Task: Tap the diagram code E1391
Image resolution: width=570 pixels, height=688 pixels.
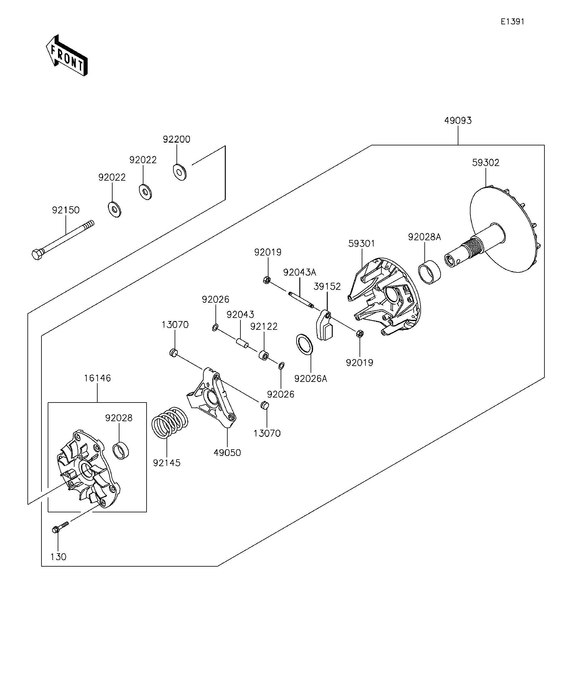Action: coord(512,22)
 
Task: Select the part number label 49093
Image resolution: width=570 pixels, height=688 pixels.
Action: coord(458,120)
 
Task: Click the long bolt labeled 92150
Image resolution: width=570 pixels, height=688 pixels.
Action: coord(63,240)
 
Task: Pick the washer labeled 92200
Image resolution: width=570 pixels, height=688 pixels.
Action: coord(179,172)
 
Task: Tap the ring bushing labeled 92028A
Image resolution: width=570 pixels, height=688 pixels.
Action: coord(430,272)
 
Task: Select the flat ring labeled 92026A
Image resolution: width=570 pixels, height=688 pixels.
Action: coord(304,344)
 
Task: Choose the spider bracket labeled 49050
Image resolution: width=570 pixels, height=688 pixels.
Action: coord(212,398)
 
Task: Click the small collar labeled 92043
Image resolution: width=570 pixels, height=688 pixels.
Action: coord(242,343)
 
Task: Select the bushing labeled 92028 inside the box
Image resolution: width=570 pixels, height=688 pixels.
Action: coord(121,451)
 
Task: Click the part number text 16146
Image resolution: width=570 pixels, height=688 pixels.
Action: coord(97,378)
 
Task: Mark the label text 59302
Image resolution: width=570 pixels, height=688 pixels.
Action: coord(485,163)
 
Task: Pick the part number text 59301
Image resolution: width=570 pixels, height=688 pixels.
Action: coord(361,243)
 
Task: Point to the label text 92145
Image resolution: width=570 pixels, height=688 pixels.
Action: coord(167,463)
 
